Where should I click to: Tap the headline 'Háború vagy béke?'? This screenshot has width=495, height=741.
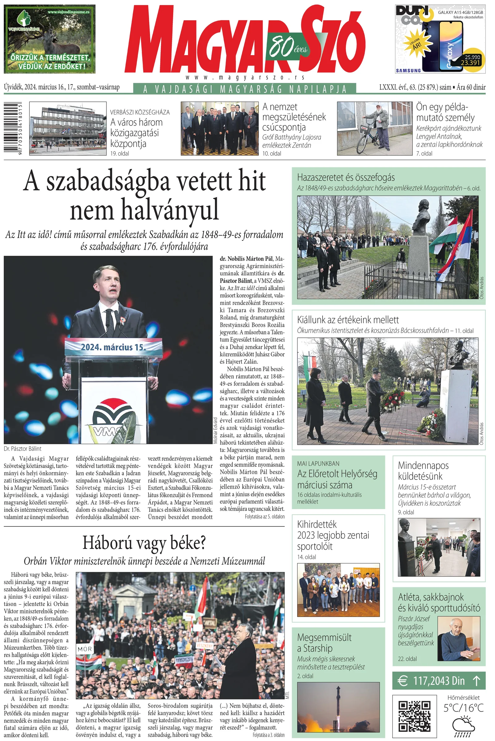[x=144, y=543]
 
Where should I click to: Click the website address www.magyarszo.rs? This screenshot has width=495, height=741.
[x=245, y=77]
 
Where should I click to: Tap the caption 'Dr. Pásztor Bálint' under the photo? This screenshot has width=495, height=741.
[x=22, y=448]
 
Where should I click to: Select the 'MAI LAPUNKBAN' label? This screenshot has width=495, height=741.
[x=318, y=464]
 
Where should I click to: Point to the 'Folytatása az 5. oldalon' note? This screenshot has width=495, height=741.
[x=265, y=516]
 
